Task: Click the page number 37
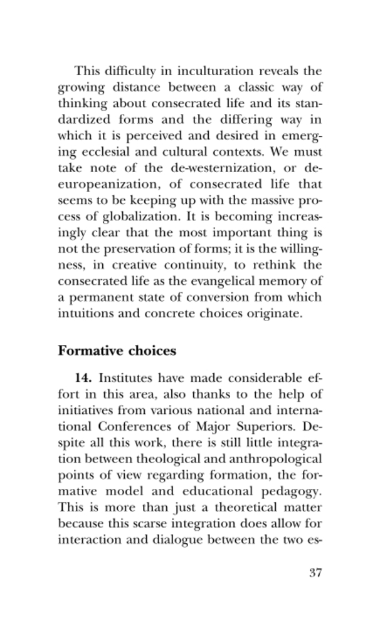(x=315, y=572)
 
